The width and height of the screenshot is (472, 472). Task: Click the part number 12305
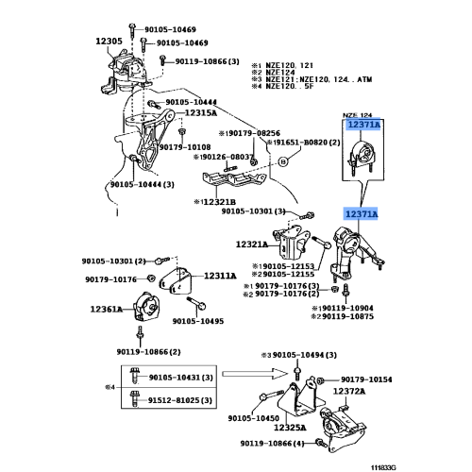point(110,42)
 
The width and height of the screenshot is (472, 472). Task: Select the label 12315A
point(201,112)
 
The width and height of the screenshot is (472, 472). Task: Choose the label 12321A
point(252,244)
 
